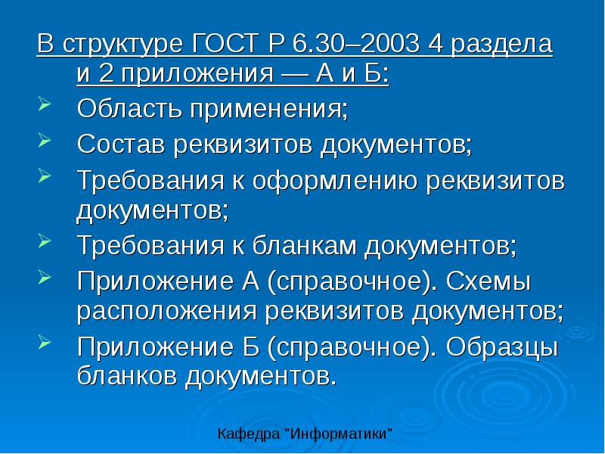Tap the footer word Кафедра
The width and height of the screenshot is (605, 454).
point(247,435)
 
